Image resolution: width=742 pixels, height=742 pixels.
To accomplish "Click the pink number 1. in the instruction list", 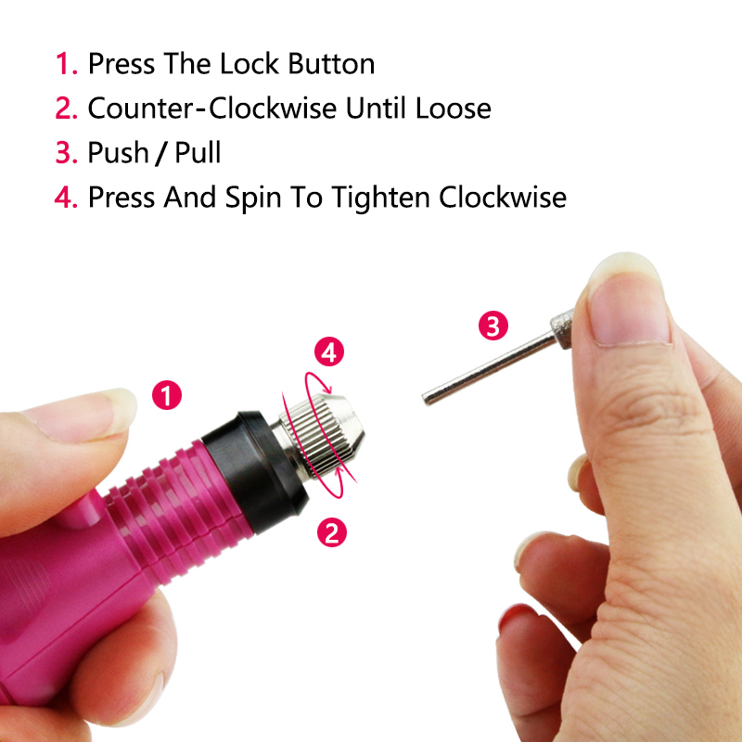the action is pos(66,64).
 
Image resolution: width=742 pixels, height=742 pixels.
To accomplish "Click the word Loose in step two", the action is pos(454,109).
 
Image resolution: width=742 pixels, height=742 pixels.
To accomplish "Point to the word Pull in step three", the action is pos(198,152).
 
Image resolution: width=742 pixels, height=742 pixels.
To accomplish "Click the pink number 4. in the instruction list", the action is pos(66,198).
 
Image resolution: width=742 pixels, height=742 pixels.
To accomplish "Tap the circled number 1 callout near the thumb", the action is pos(167,395).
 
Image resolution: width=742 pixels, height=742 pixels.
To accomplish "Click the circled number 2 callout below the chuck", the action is pos(332,531).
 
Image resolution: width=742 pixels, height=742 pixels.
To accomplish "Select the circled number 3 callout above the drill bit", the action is pos(493,326).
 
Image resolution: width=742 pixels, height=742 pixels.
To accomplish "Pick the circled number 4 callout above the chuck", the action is pos(329,352).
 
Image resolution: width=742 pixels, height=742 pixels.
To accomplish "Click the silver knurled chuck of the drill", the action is pos(322,435).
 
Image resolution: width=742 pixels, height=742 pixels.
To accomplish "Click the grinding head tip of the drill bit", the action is pos(562,329).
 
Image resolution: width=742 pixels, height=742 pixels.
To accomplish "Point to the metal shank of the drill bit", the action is pos(489,368).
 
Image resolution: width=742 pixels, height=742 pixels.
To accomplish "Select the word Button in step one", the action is pos(331,63).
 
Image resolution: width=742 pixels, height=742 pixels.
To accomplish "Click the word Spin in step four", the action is pos(253,198).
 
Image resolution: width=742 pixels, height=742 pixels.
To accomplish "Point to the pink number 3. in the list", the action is pos(66,153).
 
